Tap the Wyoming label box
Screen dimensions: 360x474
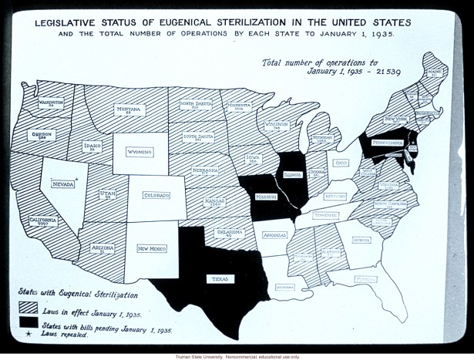click(140, 152)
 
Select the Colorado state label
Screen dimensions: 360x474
click(156, 196)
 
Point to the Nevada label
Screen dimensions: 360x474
click(64, 183)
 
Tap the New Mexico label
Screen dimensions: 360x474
click(151, 248)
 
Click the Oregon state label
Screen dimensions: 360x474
click(42, 135)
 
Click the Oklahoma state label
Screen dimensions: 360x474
click(230, 232)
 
